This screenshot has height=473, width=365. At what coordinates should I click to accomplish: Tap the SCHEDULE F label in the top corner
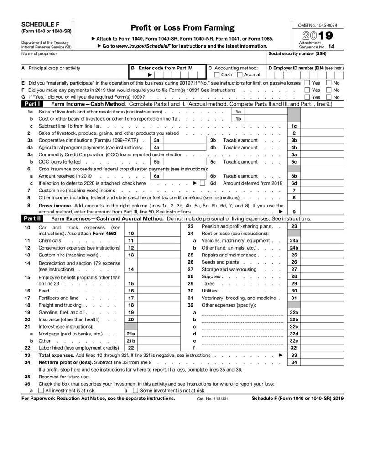(40, 24)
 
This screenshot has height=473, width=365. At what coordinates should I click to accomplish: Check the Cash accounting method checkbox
(217, 75)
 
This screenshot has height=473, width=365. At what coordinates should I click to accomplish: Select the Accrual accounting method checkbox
(240, 75)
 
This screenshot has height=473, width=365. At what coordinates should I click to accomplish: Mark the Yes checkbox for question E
(307, 83)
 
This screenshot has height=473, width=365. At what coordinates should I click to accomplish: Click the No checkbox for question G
(328, 97)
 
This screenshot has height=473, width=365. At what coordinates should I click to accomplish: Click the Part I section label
(32, 104)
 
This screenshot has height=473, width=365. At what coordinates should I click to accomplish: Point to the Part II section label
(32, 218)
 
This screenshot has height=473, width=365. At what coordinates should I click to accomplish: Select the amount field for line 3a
(184, 140)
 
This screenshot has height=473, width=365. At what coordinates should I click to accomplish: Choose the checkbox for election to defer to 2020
(203, 183)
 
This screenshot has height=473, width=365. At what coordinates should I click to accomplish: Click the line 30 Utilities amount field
(322, 291)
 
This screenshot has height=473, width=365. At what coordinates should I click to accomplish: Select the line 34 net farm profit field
(322, 362)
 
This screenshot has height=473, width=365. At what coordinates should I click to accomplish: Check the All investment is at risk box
(42, 391)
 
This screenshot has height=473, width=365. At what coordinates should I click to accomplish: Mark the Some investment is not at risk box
(135, 391)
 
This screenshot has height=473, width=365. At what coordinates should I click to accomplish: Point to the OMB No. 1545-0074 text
(318, 25)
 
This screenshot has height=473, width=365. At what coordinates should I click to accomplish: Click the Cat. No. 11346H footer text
(212, 399)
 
